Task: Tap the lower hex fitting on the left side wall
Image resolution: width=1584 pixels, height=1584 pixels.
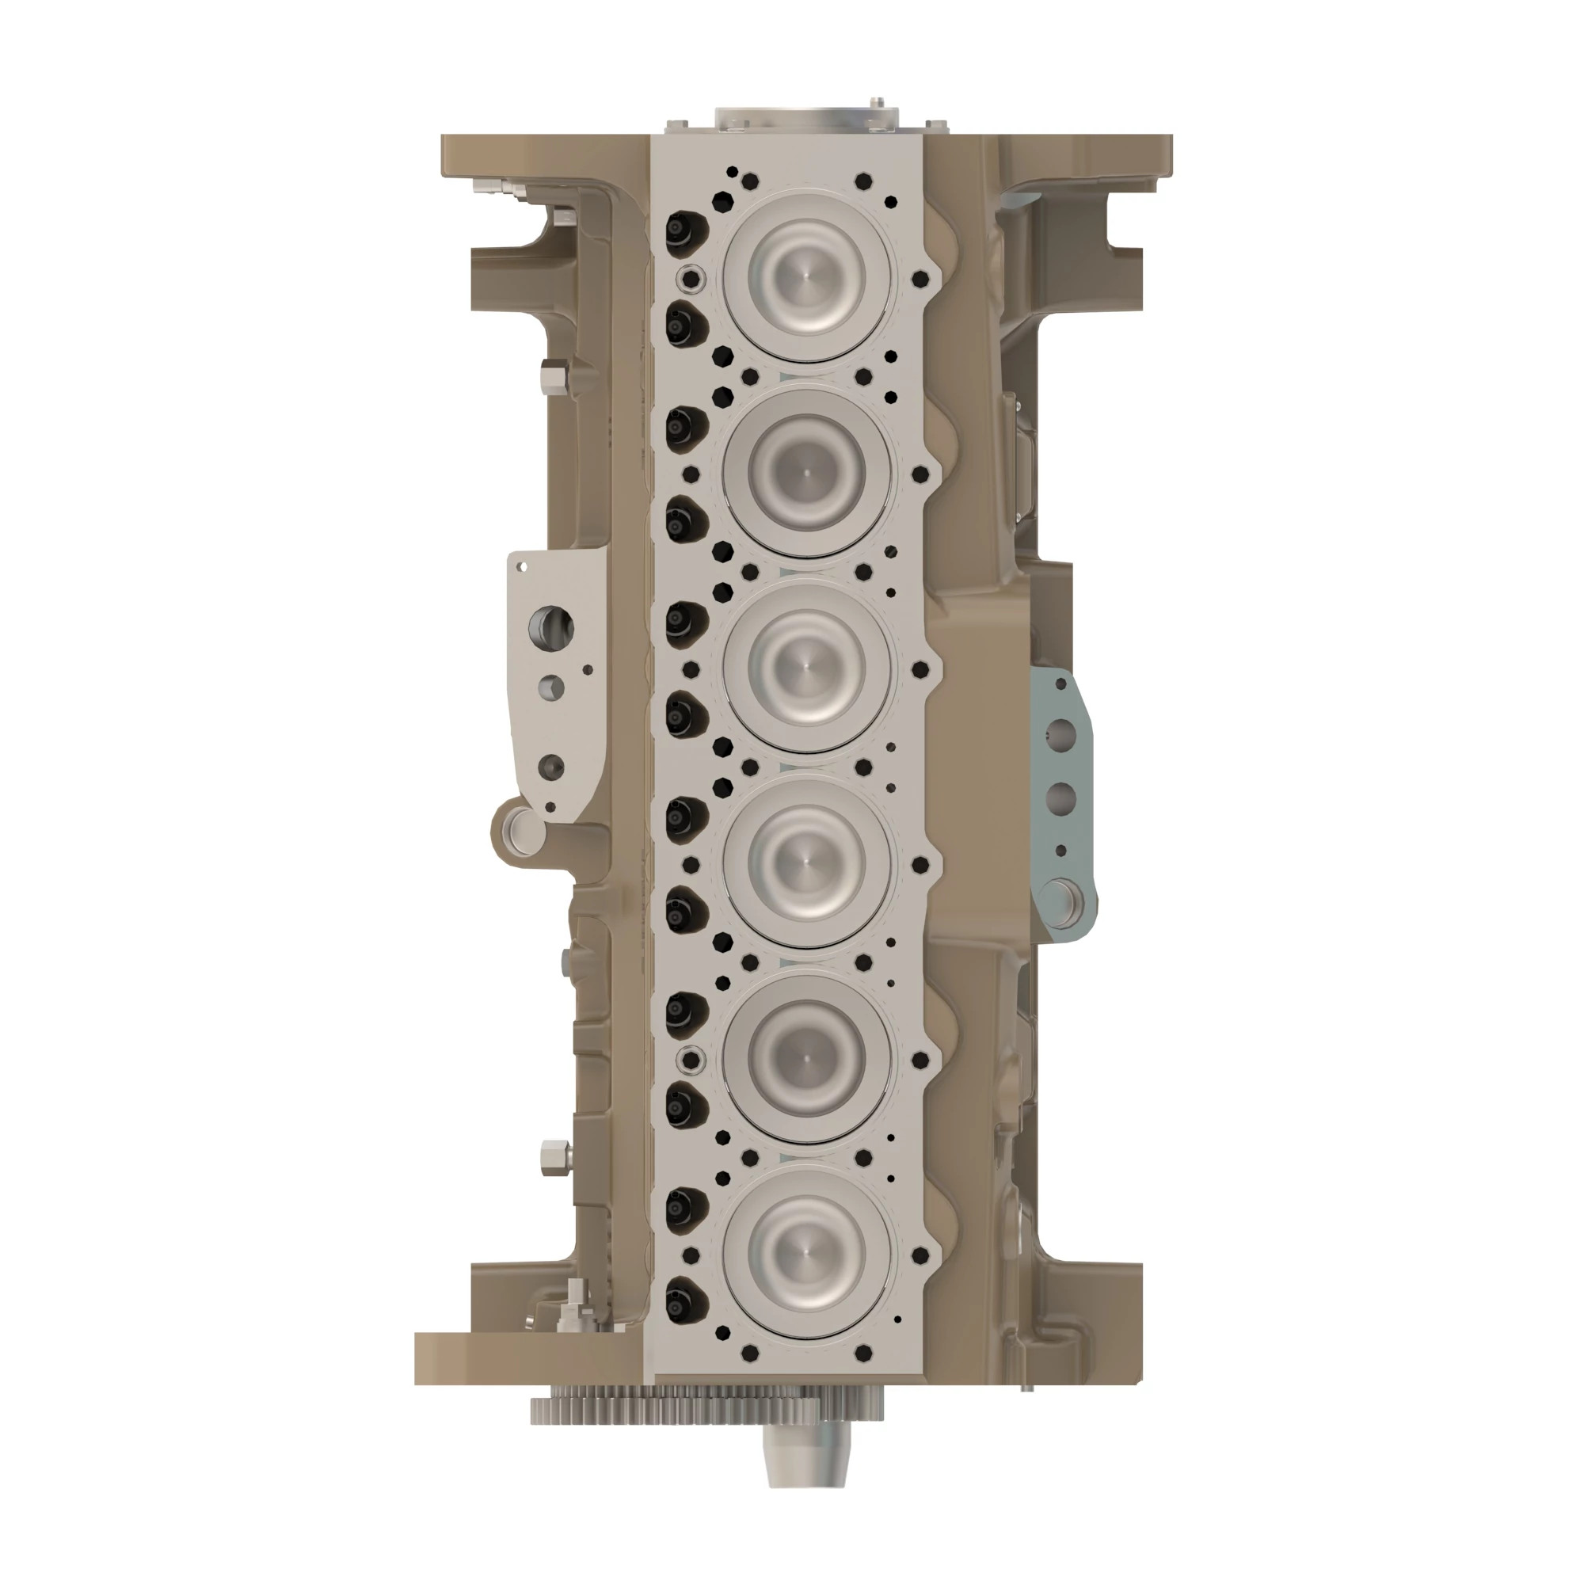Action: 552,1158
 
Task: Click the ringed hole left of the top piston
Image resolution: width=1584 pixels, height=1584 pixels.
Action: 691,278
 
